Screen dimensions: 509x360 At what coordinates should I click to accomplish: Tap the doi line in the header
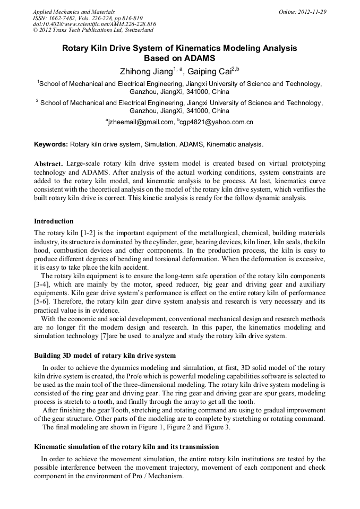94,24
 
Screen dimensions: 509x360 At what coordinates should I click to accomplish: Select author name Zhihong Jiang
143,71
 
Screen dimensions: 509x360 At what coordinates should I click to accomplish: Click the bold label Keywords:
51,144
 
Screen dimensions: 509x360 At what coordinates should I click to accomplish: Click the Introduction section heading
54,221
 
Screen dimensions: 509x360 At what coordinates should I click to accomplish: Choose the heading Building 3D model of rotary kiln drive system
105,355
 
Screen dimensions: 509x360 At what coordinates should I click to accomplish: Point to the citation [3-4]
43,284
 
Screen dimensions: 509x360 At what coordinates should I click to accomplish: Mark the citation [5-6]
43,301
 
